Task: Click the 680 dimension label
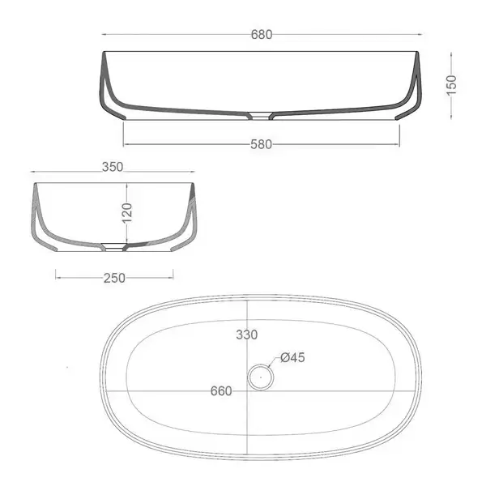(262, 34)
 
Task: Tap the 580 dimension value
(261, 144)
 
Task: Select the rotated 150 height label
(451, 85)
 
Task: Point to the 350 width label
(113, 167)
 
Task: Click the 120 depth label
(127, 213)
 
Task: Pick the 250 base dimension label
(114, 278)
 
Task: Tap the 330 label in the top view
(247, 335)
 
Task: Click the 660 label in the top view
(221, 391)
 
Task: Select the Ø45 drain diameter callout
(292, 358)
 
